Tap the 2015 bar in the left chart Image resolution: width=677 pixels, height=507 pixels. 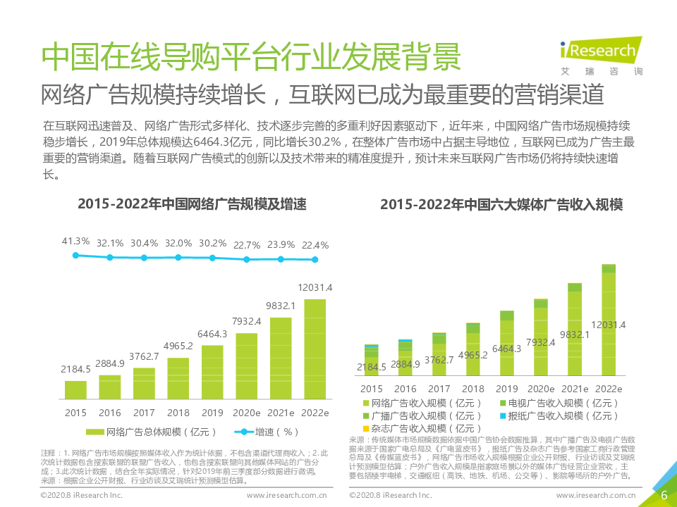[x=75, y=390]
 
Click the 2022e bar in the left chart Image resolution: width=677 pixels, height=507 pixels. [x=315, y=349]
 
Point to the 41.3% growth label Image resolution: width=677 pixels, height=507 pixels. [x=75, y=242]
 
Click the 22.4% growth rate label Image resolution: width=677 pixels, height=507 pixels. [x=315, y=245]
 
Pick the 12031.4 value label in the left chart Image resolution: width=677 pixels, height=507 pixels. [x=315, y=287]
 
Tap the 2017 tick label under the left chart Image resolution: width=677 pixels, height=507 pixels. [x=144, y=413]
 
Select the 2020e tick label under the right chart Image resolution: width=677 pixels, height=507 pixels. [x=540, y=389]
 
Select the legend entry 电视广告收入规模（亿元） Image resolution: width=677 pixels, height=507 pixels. [x=557, y=403]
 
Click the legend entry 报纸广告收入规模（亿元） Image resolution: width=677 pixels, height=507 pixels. [x=557, y=415]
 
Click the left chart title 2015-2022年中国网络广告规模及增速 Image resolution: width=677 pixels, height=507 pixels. [x=192, y=204]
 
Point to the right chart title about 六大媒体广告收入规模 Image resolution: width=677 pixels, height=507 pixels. [x=501, y=204]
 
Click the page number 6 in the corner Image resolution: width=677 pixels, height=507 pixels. [x=664, y=495]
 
